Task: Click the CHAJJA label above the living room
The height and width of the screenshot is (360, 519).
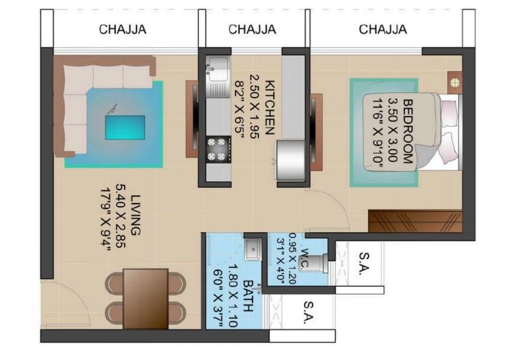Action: [x=123, y=29]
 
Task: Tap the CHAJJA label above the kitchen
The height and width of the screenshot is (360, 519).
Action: [x=253, y=29]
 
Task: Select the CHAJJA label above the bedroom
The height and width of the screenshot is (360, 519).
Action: [x=383, y=29]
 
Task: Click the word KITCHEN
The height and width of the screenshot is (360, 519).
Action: [x=270, y=107]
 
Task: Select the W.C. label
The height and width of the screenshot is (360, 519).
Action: [x=307, y=258]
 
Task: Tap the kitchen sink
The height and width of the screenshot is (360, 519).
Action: [x=216, y=70]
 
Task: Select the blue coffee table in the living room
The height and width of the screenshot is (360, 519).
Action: [x=125, y=127]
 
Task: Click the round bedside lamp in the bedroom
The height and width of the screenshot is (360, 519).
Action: [x=454, y=82]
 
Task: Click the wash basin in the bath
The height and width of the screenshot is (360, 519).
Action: [x=254, y=248]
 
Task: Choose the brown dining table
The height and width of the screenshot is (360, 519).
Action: [x=145, y=297]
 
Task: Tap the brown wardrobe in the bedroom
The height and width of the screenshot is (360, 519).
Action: [x=415, y=221]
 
